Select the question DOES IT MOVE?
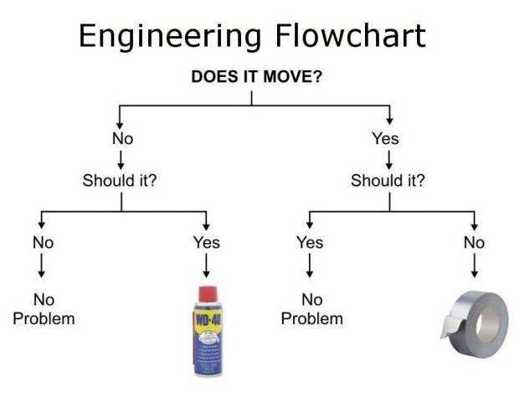(257, 78)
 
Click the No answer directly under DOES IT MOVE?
(122, 138)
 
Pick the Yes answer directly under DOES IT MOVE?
(385, 138)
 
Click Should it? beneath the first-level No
(120, 180)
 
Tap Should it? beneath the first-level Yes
(388, 180)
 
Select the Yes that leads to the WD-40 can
(206, 242)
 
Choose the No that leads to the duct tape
(474, 242)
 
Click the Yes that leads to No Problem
(310, 242)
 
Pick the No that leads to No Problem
(43, 242)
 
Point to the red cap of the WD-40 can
(206, 296)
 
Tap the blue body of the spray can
(206, 352)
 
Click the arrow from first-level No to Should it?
(122, 158)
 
